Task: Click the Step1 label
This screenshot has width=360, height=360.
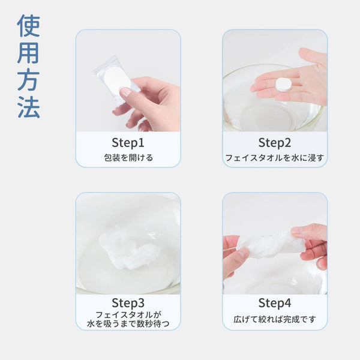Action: (128, 143)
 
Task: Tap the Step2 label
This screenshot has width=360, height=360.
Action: (275, 143)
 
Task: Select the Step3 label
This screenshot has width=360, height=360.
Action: (128, 303)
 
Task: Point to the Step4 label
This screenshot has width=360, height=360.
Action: (275, 303)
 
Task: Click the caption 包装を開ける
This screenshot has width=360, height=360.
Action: (128, 158)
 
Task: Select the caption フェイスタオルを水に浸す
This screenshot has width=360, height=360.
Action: (275, 158)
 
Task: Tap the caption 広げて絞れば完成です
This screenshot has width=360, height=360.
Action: (275, 319)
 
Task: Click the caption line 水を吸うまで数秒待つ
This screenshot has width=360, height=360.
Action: (128, 324)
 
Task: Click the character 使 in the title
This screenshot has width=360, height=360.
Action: (29, 26)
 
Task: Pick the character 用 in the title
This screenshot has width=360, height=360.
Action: (29, 53)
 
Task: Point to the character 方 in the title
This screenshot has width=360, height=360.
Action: (29, 80)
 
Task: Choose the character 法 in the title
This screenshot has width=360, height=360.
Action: (29, 107)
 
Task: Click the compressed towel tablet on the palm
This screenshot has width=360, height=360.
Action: (283, 84)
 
